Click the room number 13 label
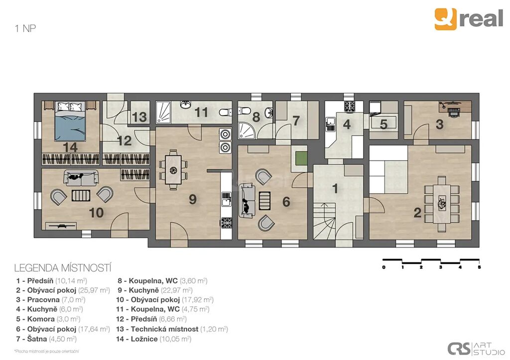tap(139, 117)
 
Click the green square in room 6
tap(301, 158)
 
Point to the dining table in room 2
tap(441, 204)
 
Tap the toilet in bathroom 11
tap(225, 113)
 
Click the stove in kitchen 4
tap(350, 107)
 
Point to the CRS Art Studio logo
tap(476, 349)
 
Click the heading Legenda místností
tap(63, 268)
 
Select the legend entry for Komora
tap(48, 319)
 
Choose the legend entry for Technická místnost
tap(172, 329)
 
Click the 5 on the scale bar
tap(479, 267)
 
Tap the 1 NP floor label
tap(25, 28)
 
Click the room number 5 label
tap(383, 124)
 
